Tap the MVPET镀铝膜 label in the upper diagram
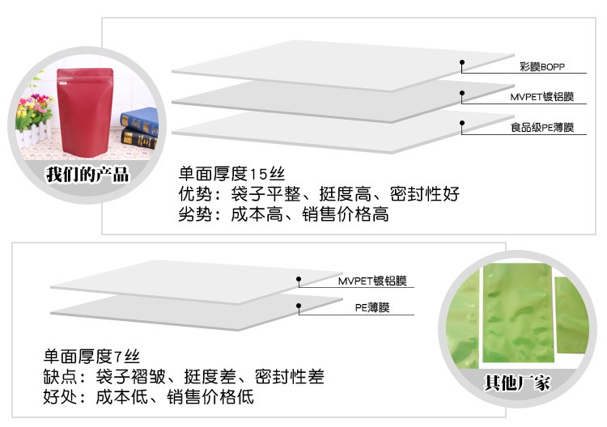(541, 97)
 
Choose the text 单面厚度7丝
(91, 356)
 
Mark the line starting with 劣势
(283, 215)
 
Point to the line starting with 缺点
(183, 377)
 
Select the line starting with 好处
(148, 397)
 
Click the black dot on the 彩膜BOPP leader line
(462, 62)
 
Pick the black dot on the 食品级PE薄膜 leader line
(462, 123)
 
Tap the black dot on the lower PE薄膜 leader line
(299, 306)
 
